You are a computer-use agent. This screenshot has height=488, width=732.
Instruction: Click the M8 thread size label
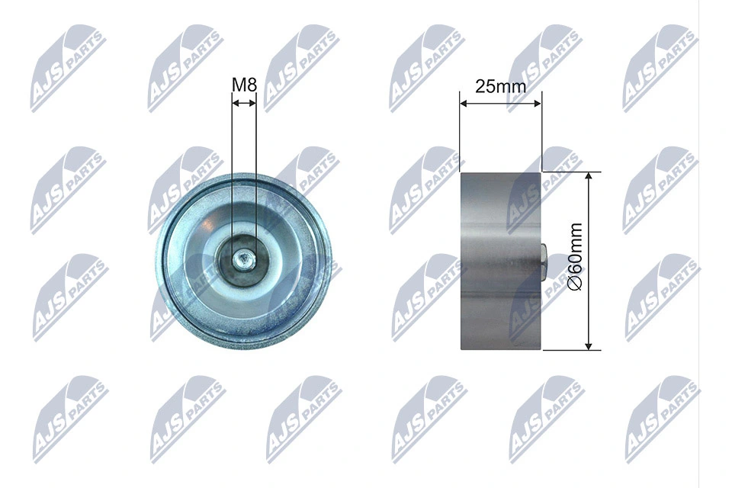click(244, 85)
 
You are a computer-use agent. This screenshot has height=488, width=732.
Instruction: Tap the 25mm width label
click(500, 85)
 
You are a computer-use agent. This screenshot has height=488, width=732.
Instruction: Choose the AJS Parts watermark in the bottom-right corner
click(660, 419)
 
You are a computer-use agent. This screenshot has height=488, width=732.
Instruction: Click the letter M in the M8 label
click(238, 85)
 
